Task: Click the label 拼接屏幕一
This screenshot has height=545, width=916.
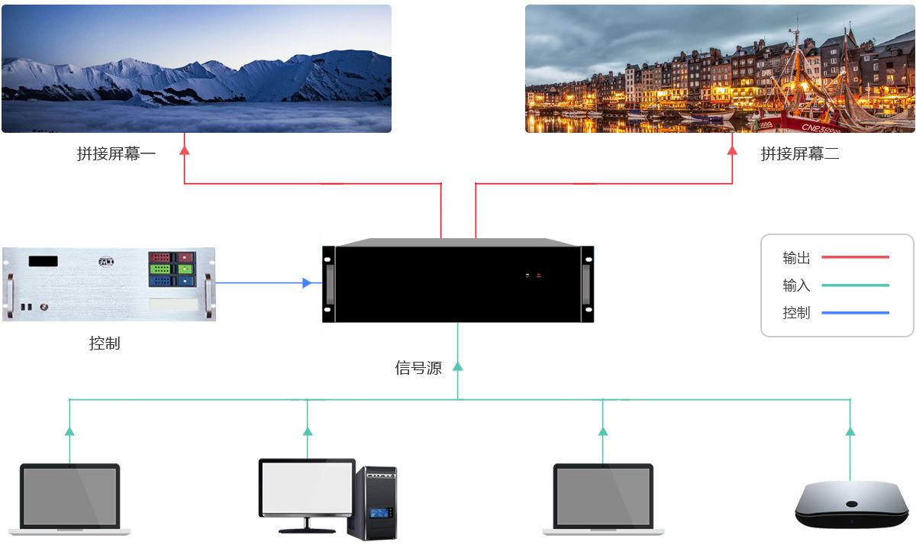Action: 116,154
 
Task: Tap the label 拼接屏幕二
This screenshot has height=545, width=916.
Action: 799,154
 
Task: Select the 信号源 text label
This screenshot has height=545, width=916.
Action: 418,368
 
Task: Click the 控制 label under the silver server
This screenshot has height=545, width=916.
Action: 105,343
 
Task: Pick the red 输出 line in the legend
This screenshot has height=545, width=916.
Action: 855,257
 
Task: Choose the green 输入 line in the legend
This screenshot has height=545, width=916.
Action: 855,285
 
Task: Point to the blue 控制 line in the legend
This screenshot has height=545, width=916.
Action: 855,313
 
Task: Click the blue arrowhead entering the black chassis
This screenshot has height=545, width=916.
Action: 307,283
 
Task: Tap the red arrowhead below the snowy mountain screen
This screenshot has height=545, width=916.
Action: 184,150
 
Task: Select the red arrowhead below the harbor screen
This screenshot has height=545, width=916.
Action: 732,150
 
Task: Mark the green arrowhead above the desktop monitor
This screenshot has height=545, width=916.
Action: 308,431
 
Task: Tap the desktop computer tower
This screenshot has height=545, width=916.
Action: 373,501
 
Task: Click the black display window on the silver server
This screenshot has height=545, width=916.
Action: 44,261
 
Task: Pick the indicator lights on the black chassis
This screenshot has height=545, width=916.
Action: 533,275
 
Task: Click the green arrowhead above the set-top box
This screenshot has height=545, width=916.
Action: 850,431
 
